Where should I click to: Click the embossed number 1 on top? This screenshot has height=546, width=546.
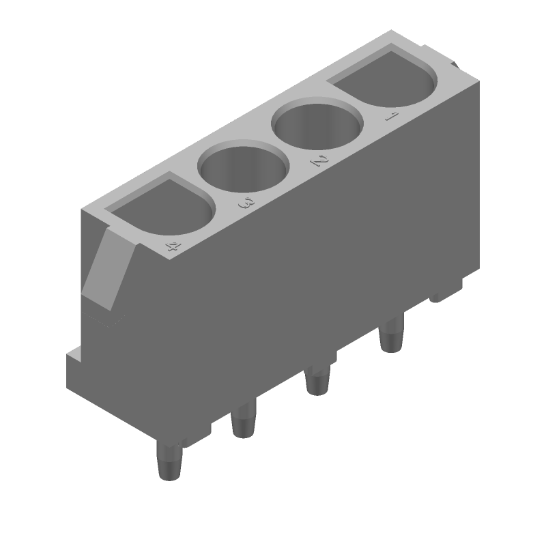coord(390,117)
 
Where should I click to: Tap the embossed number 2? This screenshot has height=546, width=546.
coord(317,161)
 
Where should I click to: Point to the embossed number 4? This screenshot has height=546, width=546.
coord(173,246)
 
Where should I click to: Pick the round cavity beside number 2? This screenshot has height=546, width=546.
coord(317,126)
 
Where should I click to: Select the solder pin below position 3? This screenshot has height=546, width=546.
coord(243,419)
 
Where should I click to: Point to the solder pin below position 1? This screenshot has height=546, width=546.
coord(392,334)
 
